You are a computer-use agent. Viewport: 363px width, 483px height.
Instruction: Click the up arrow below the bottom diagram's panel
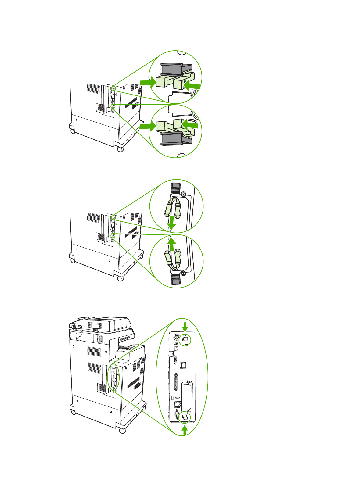click(184, 430)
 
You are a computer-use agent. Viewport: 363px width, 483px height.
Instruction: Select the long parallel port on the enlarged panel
click(176, 382)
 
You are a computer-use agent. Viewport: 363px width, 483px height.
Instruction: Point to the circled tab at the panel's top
click(185, 340)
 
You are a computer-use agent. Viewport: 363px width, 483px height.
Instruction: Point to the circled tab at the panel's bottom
click(185, 417)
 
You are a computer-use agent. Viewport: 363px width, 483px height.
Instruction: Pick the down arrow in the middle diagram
click(172, 223)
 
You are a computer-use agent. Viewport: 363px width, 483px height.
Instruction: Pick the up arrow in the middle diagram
click(172, 244)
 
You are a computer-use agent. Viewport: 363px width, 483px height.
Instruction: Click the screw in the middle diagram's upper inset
click(183, 194)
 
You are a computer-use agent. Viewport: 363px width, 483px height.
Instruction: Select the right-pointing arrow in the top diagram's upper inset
click(147, 83)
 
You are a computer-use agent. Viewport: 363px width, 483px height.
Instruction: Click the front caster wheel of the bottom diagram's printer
click(122, 431)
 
